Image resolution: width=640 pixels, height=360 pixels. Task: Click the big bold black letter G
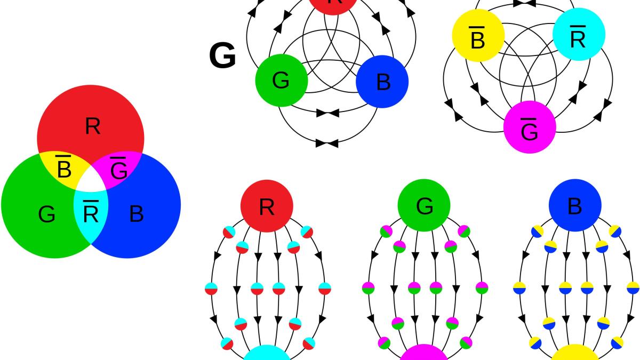pos(222,57)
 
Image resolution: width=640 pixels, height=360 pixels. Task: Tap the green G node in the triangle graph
pos(282,81)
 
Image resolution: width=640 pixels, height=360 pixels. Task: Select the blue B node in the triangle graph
pos(382,82)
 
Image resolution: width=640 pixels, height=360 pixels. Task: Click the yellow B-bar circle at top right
pos(478,35)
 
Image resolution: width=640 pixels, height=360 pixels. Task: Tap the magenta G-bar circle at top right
pos(530,127)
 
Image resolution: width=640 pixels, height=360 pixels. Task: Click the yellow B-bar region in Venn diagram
pos(63,169)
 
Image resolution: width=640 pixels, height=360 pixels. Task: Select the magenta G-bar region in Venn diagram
pos(119,170)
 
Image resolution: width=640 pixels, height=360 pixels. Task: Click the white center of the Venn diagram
pos(91,183)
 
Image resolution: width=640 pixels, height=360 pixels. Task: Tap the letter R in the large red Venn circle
pos(92,126)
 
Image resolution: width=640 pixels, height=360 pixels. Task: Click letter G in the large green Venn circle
pos(47,214)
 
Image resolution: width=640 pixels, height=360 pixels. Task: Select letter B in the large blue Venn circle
pos(137,214)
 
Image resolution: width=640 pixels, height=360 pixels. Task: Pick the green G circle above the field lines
pos(425,206)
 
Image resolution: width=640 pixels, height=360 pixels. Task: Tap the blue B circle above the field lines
pos(575,206)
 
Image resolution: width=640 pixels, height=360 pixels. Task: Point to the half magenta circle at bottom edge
pos(425,354)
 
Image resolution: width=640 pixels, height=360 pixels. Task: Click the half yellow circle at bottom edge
pos(575,354)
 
